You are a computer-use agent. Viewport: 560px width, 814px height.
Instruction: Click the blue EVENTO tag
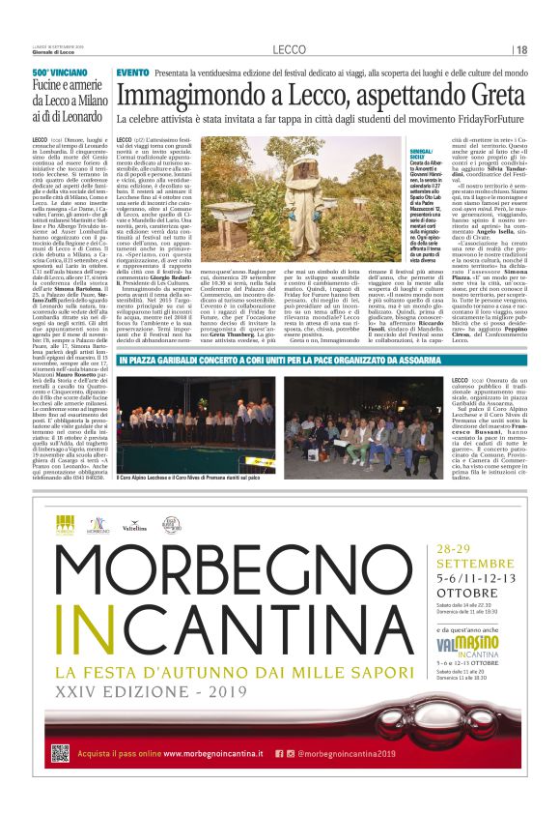[x=132, y=73]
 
